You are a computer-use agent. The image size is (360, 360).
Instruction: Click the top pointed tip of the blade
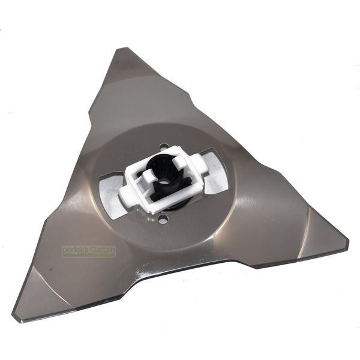[x=124, y=48]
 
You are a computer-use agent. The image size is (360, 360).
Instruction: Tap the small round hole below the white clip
[x=163, y=221]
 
